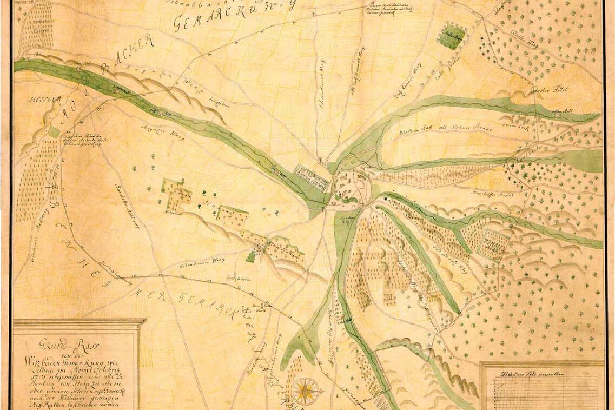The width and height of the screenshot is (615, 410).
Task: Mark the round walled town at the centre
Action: pos(352,187)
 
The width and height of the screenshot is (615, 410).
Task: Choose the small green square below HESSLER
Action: pos(54,132)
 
